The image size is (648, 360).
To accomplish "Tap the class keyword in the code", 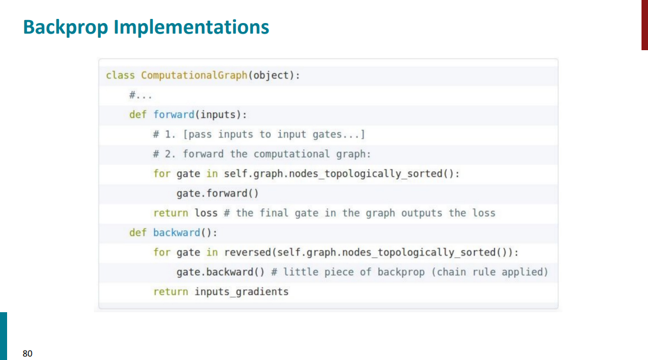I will tap(120, 75).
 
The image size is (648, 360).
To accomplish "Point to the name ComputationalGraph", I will tap(194, 75).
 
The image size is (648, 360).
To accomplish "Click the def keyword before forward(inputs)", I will tap(138, 114).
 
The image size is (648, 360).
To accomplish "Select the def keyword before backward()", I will tap(138, 233).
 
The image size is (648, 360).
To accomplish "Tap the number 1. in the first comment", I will tap(171, 134).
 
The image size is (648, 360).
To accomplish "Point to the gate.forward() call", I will tap(218, 193).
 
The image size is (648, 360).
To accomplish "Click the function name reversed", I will tap(247, 252).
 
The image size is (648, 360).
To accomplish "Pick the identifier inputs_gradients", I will tap(241, 292).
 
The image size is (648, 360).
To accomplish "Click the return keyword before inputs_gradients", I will tap(171, 292).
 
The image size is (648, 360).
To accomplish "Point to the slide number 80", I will tap(28, 354).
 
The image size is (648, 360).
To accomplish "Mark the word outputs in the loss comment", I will tap(421, 212).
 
